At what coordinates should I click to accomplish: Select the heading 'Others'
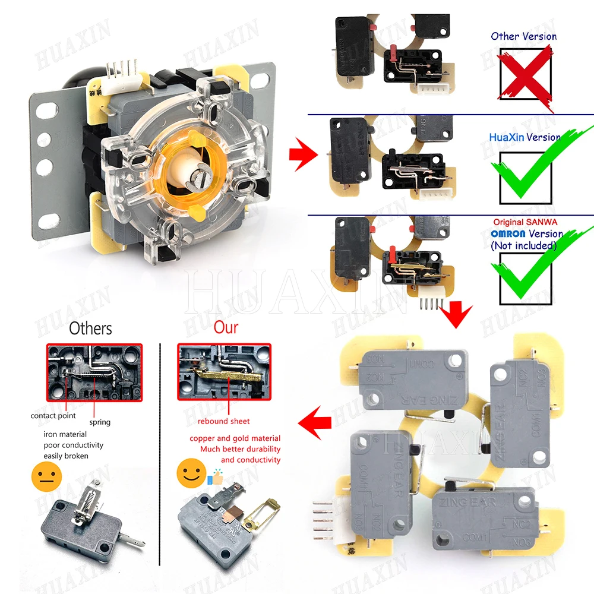[90, 328]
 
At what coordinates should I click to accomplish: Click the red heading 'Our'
[226, 327]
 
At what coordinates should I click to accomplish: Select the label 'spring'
[100, 422]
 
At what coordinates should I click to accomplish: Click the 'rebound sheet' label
[224, 421]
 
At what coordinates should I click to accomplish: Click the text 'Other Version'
[523, 36]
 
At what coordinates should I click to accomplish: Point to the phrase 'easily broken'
[66, 456]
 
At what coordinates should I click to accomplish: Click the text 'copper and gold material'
[235, 438]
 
